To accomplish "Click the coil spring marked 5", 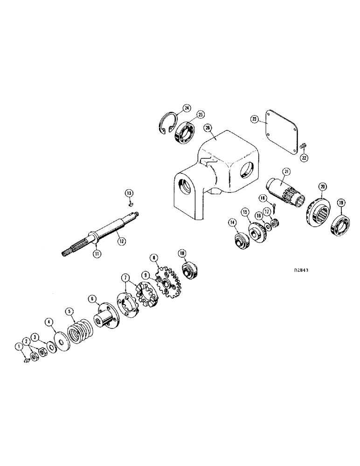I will [x=81, y=333].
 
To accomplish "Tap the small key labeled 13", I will [x=132, y=203].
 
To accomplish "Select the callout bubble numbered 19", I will [x=342, y=202].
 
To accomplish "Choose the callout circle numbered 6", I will [x=91, y=299].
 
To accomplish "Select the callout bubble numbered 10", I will [x=182, y=253].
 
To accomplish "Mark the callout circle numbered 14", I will [x=232, y=223].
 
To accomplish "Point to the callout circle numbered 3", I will [x=35, y=336].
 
